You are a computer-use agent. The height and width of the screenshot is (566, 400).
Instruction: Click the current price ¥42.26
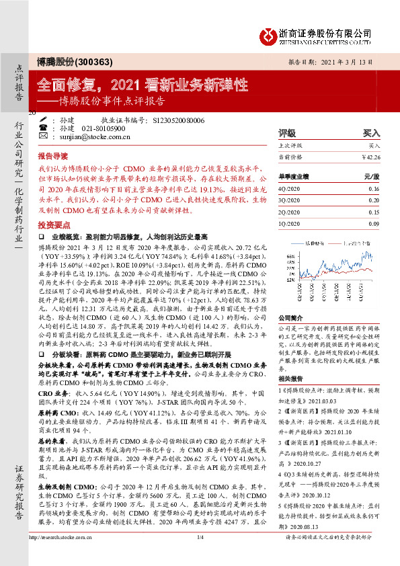point(370,157)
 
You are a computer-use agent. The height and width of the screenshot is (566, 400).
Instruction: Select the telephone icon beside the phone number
point(44,128)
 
